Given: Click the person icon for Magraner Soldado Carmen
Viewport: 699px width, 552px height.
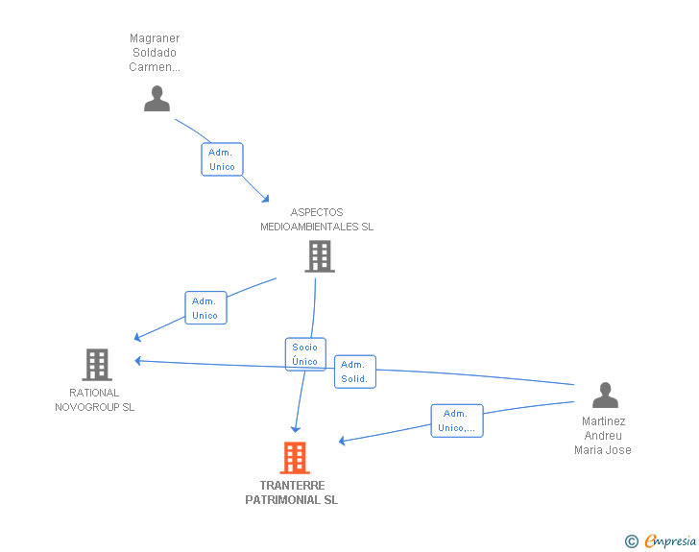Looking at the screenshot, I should pyautogui.click(x=157, y=99).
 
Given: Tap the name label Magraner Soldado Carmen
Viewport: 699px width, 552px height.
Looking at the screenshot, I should pyautogui.click(x=155, y=53).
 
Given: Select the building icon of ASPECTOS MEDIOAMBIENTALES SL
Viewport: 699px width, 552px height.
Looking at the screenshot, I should pyautogui.click(x=319, y=256).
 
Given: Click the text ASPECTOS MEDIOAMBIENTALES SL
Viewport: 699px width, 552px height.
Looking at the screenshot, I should pyautogui.click(x=317, y=220).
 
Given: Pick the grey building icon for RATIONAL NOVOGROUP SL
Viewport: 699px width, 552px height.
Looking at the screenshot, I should pyautogui.click(x=97, y=365).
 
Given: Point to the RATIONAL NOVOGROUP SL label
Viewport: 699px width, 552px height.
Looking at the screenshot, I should pyautogui.click(x=94, y=399).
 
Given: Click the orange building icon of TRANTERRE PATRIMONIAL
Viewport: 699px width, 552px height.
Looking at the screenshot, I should pyautogui.click(x=295, y=458).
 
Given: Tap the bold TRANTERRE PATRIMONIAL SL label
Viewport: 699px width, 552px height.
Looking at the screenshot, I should pyautogui.click(x=292, y=492).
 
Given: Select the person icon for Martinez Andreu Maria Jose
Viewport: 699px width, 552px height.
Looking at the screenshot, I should pyautogui.click(x=604, y=396).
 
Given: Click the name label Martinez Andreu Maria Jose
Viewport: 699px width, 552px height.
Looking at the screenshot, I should pyautogui.click(x=603, y=436).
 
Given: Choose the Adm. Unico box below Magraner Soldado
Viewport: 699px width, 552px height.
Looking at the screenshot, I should pyautogui.click(x=222, y=159).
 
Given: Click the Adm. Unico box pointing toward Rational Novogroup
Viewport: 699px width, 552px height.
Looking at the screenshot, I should pyautogui.click(x=205, y=308).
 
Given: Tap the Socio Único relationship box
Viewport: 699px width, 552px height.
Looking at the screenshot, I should pyautogui.click(x=305, y=354).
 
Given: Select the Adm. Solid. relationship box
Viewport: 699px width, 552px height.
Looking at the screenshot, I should pyautogui.click(x=354, y=372).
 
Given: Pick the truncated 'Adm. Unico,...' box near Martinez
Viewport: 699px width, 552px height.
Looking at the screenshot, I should pyautogui.click(x=456, y=420).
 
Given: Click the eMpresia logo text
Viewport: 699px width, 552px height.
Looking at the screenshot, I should pyautogui.click(x=670, y=540).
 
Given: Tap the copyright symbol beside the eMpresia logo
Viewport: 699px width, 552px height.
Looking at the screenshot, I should pyautogui.click(x=632, y=541).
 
